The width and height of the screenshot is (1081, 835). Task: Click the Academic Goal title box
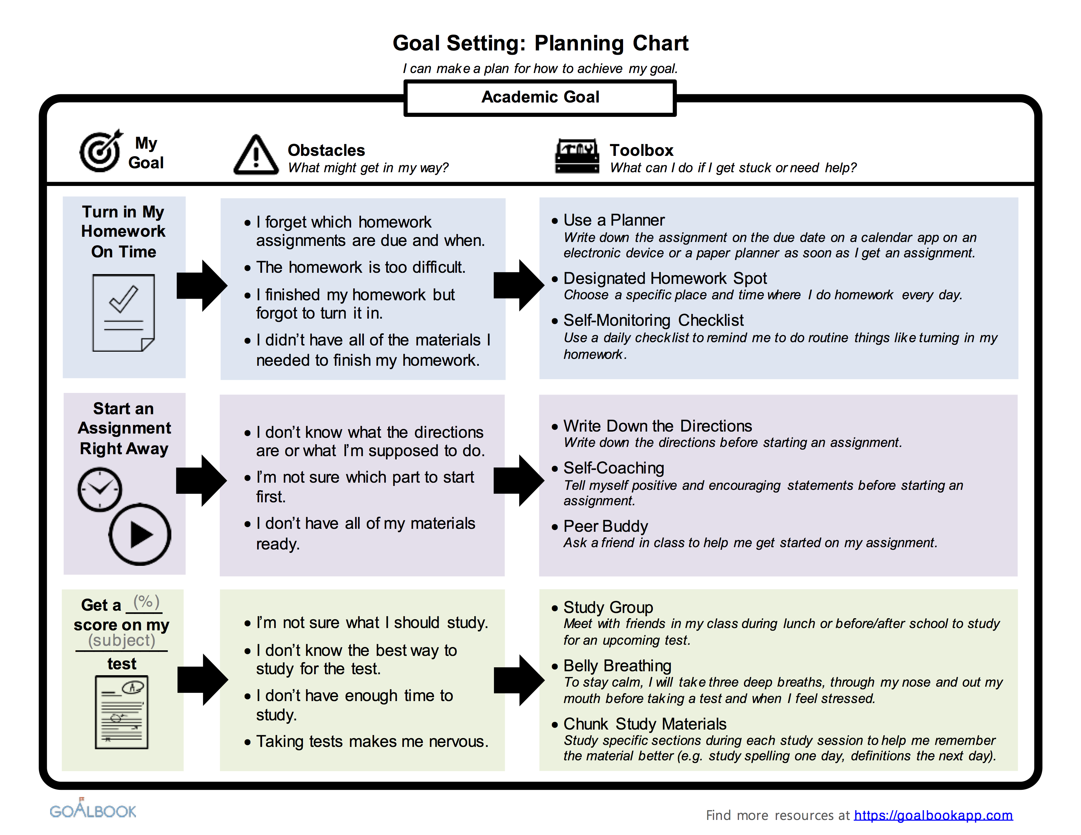(540, 98)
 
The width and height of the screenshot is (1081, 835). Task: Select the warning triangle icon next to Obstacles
(256, 155)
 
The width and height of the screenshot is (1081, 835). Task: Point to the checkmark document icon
(123, 313)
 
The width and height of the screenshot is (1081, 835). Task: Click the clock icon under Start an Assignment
(100, 489)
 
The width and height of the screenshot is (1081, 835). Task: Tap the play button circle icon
(140, 534)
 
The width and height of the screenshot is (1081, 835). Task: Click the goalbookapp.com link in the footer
(933, 815)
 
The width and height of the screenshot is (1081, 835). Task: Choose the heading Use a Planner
(614, 220)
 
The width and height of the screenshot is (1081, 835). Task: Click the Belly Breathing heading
(617, 666)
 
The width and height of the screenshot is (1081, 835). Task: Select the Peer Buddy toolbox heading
(605, 526)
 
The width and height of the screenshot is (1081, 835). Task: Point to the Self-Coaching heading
(614, 468)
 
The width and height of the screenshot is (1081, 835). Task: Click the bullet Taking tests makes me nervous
(372, 741)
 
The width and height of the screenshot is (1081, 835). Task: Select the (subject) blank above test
(122, 640)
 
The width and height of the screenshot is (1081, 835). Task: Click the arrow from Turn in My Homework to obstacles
(202, 286)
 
